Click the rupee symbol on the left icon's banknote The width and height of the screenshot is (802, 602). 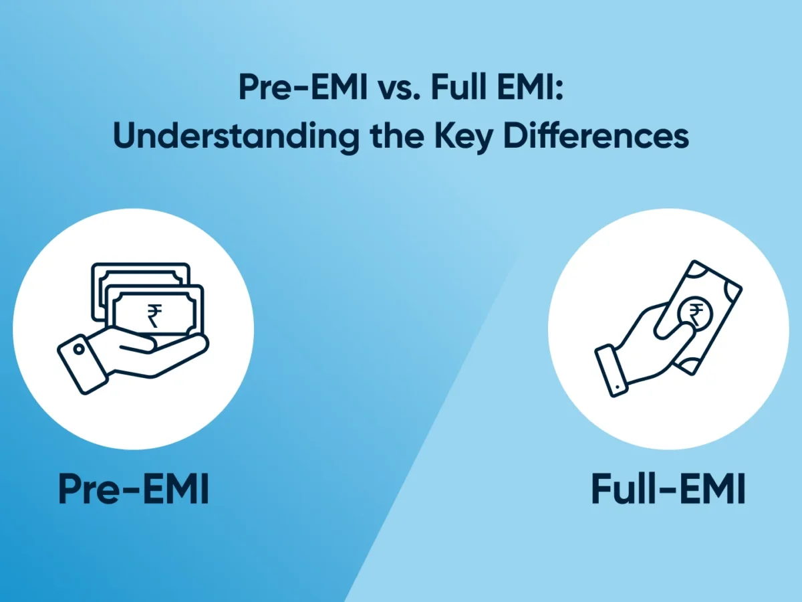pos(155,314)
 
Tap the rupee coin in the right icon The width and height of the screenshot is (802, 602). pos(695,313)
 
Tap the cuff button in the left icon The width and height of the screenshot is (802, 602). pos(80,350)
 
